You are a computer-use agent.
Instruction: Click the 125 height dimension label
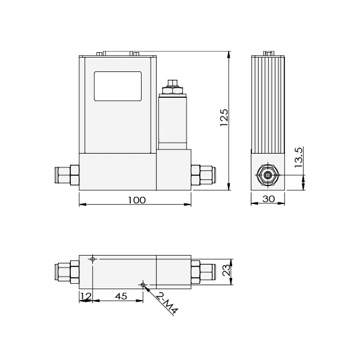tap(224, 118)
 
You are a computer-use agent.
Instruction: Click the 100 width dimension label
tap(137, 200)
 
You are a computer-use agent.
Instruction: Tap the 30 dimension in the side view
tap(268, 199)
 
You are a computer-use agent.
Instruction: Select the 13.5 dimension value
tap(299, 157)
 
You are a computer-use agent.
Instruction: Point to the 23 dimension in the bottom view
tap(226, 270)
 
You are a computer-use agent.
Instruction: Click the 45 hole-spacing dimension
tap(121, 296)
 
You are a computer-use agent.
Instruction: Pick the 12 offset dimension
tap(86, 296)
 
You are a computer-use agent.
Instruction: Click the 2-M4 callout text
tap(167, 304)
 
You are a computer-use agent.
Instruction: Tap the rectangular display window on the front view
tap(118, 86)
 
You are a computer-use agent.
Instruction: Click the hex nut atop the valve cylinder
tap(172, 90)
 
